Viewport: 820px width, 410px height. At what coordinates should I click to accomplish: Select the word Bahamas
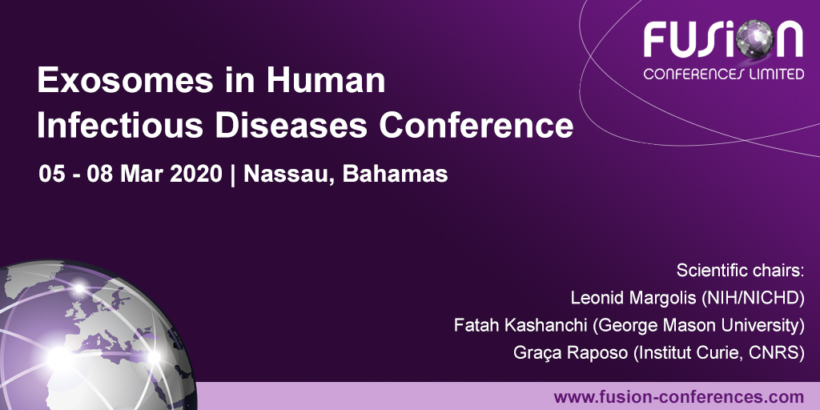click(x=394, y=174)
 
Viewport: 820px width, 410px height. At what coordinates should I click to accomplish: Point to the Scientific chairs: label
click(x=740, y=270)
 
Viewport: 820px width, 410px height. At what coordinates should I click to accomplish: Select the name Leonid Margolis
click(x=633, y=298)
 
